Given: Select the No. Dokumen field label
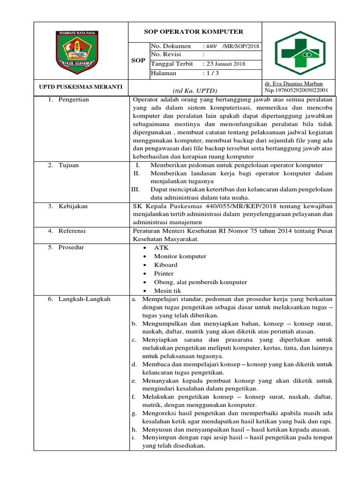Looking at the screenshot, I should [171, 46].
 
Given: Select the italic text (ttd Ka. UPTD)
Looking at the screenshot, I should [195, 90].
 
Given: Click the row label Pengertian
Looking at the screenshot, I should [74, 100].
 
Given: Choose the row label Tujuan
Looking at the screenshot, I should [69, 165].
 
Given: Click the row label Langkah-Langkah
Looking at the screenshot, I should [84, 299].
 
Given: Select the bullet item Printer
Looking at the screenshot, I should [164, 273].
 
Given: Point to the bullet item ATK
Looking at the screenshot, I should [161, 247].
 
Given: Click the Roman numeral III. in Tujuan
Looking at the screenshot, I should [135, 189].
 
